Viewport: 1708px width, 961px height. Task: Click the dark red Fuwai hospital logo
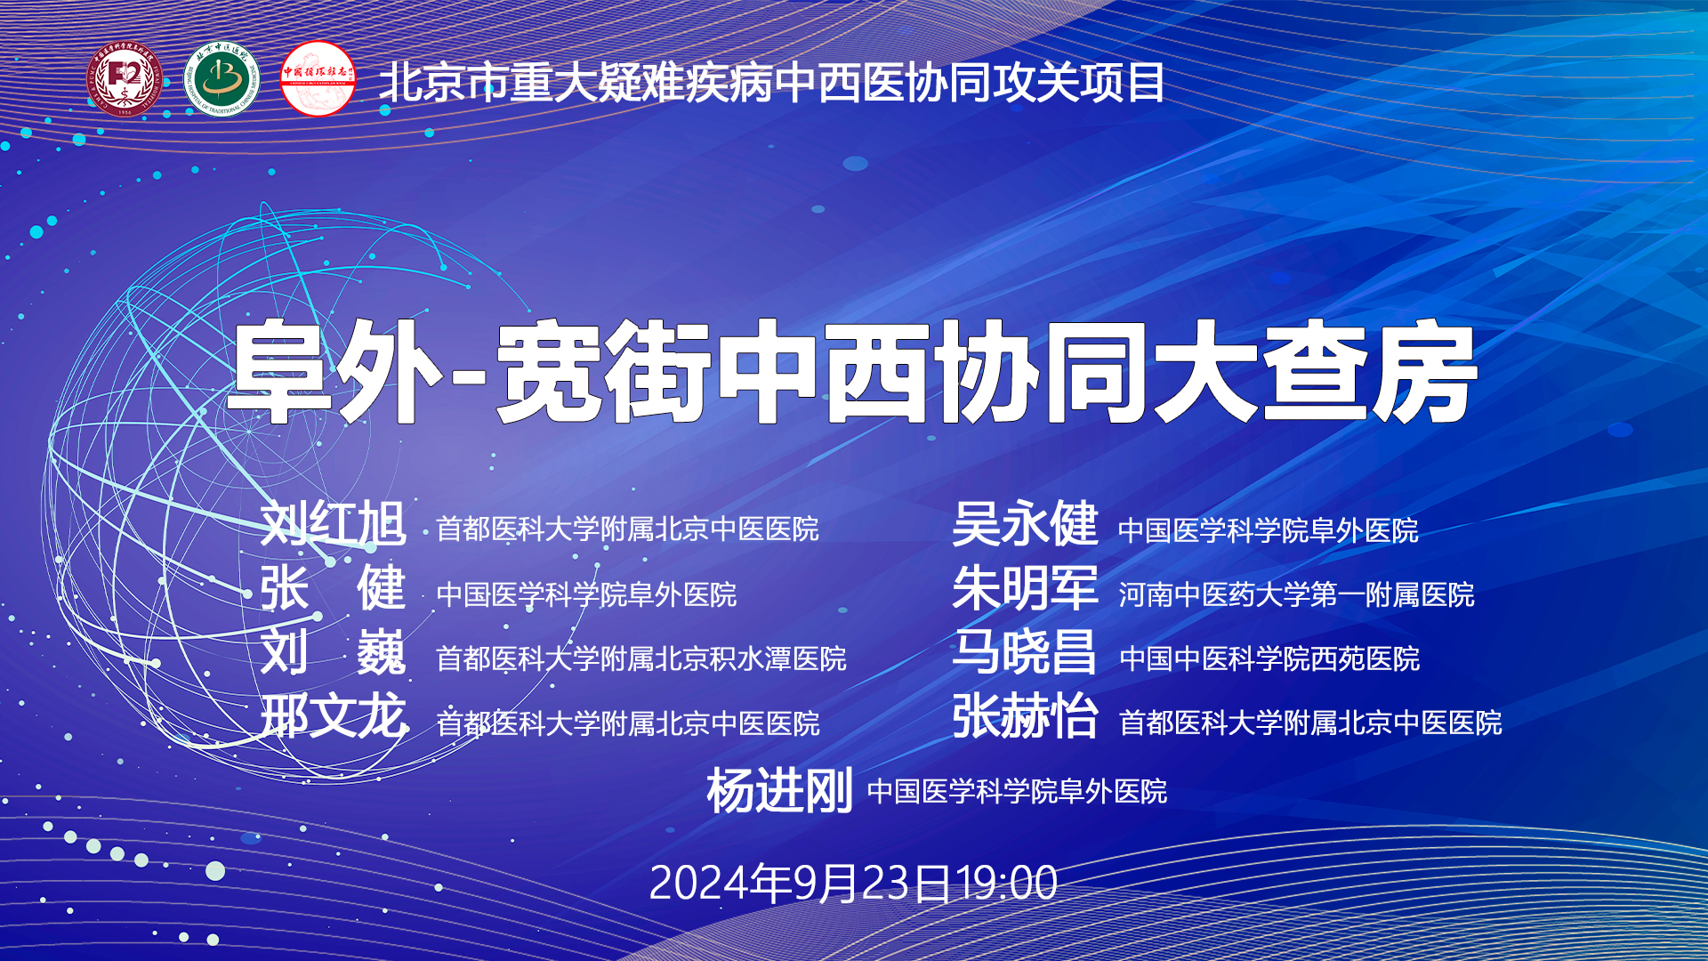pyautogui.click(x=125, y=79)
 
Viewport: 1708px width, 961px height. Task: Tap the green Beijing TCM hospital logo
pyautogui.click(x=222, y=79)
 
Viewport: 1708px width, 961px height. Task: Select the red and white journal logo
pyautogui.click(x=318, y=79)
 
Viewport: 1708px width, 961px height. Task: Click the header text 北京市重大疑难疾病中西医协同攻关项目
pyautogui.click(x=771, y=83)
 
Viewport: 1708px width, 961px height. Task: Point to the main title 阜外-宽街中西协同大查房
pyautogui.click(x=852, y=372)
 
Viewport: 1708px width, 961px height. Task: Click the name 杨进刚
pyautogui.click(x=779, y=790)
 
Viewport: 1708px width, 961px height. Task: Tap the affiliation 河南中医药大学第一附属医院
pyautogui.click(x=1296, y=594)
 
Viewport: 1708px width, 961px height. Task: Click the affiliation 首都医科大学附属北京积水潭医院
pyautogui.click(x=641, y=658)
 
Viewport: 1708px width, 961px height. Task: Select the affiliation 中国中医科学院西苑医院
pyautogui.click(x=1269, y=658)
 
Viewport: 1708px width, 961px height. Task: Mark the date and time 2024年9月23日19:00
pyautogui.click(x=853, y=884)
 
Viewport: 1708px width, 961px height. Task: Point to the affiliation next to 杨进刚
pyautogui.click(x=1017, y=791)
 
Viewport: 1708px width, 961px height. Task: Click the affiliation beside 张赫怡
pyautogui.click(x=1310, y=723)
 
